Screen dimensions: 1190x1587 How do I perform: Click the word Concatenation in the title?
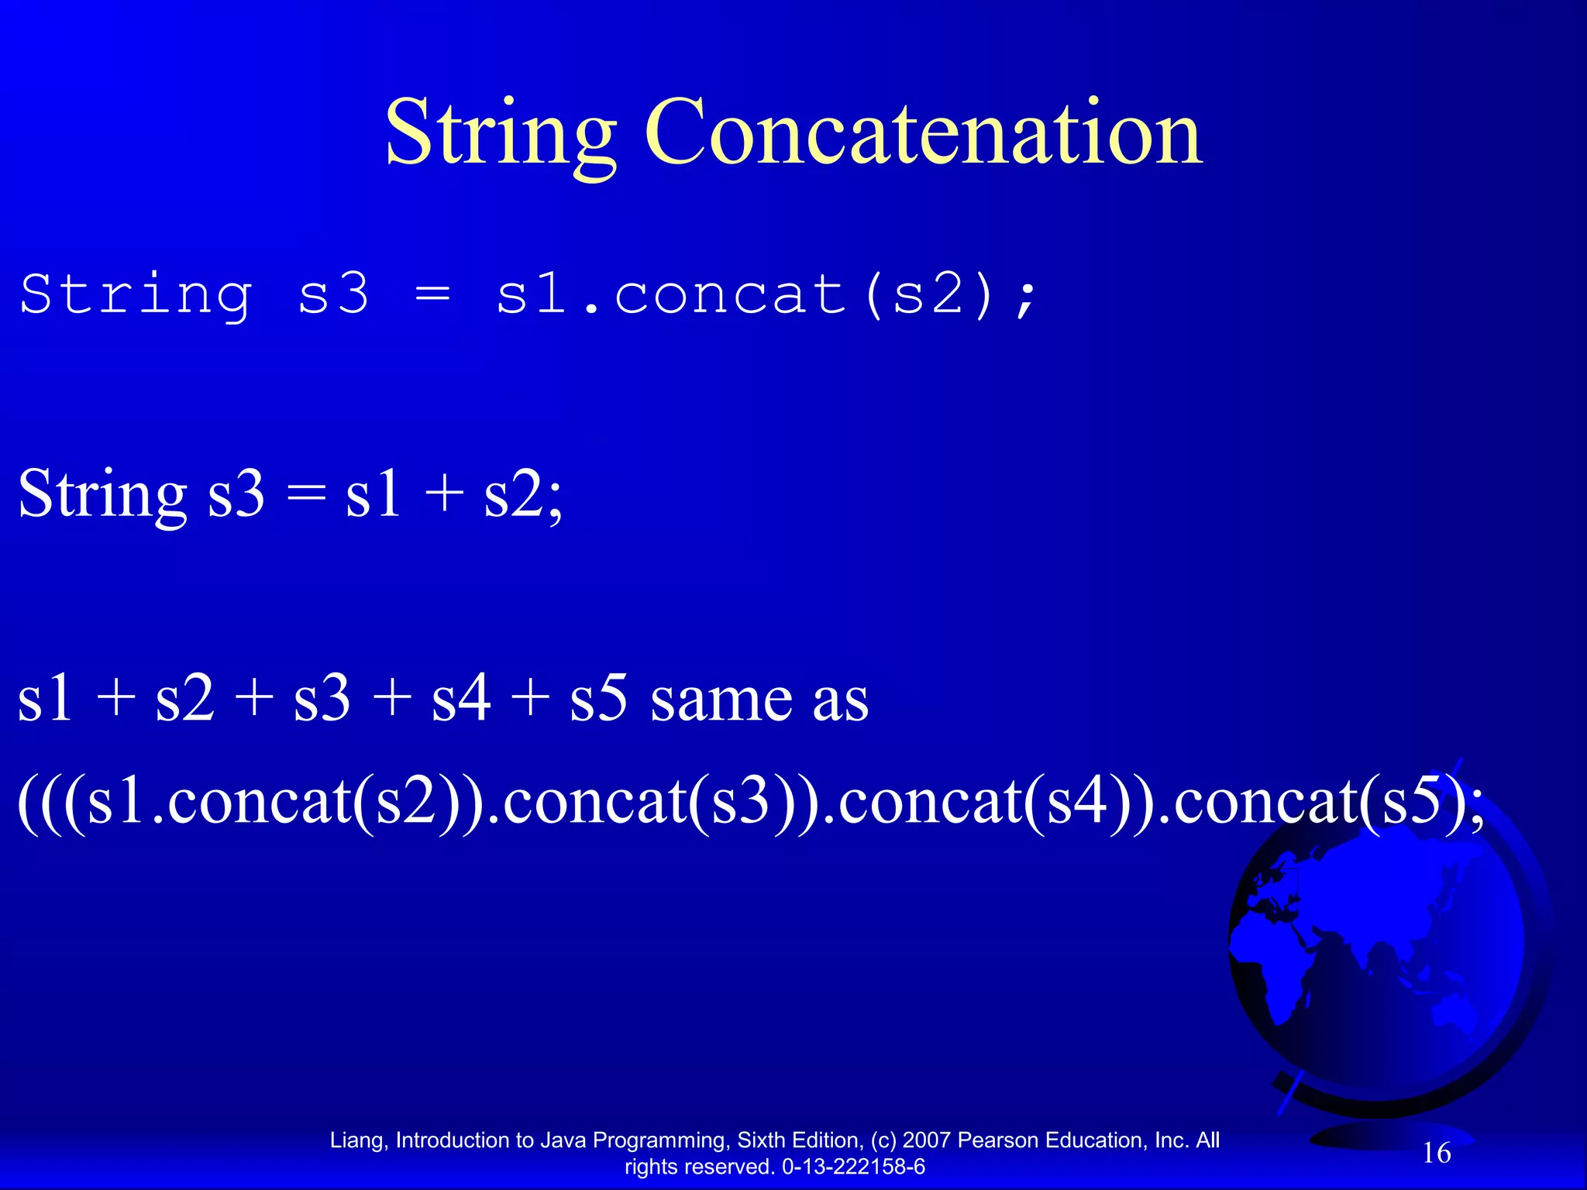(x=923, y=133)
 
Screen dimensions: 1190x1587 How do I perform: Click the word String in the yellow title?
(x=500, y=133)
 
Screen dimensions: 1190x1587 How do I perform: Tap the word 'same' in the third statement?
(x=721, y=699)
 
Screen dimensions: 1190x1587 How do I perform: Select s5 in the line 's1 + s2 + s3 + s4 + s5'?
(x=597, y=699)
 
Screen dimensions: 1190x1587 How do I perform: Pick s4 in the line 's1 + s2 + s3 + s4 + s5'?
(x=460, y=699)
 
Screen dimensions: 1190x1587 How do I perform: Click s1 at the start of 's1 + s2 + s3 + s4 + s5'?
(x=45, y=699)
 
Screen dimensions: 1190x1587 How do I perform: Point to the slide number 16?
(x=1437, y=1153)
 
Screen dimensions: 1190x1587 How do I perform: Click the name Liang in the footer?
(x=356, y=1140)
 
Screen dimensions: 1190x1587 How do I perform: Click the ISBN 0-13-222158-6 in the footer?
(x=853, y=1167)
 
